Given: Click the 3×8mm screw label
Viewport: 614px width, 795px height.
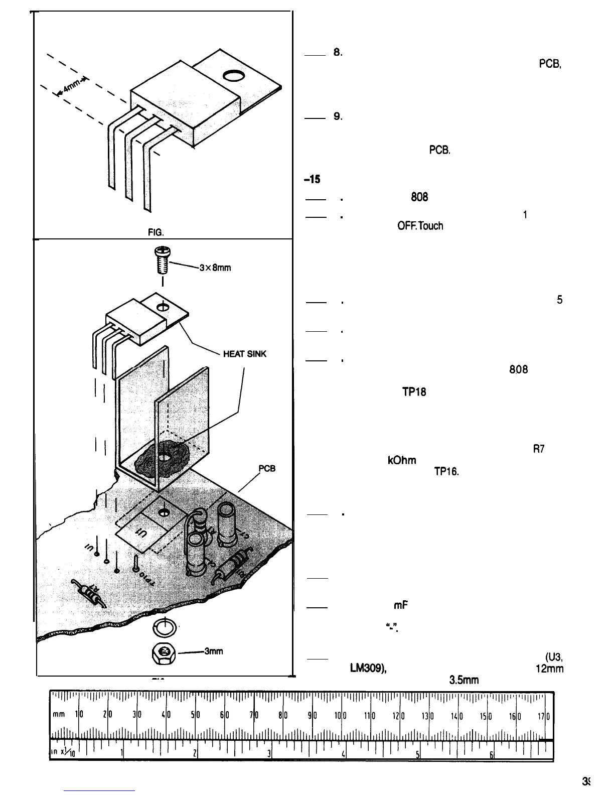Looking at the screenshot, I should click(x=215, y=268).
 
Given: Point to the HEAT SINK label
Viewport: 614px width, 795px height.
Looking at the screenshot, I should click(x=245, y=354).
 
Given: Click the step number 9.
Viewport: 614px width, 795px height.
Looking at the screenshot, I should click(x=338, y=116).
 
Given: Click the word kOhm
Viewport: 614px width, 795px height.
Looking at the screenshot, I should click(x=402, y=460).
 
